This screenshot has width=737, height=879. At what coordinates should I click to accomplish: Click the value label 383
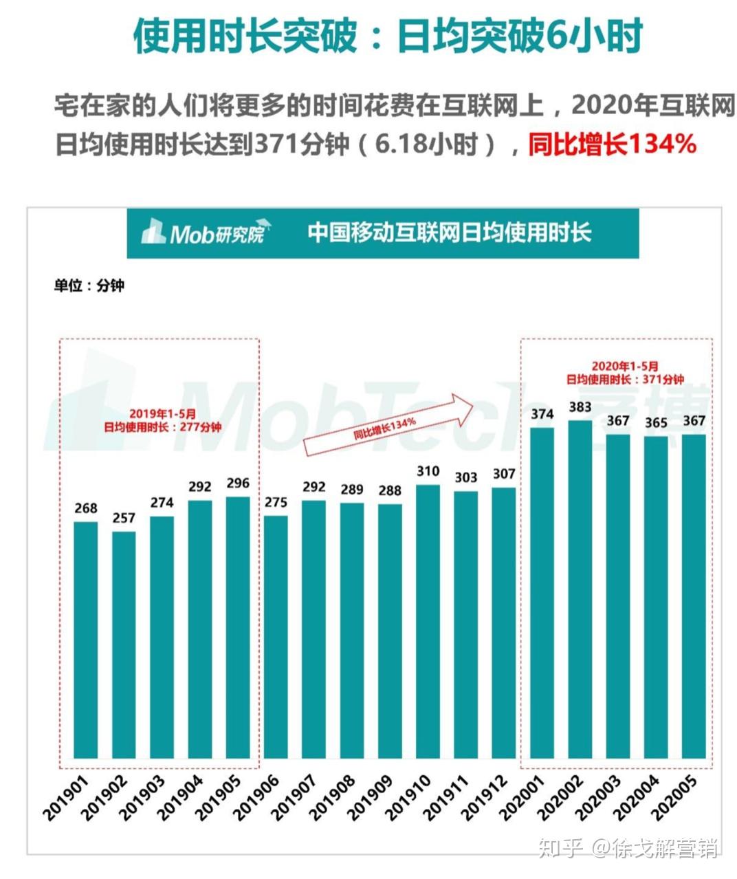click(580, 407)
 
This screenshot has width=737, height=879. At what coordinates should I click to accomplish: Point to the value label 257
click(124, 518)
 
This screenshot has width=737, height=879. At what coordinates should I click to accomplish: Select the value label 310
click(428, 471)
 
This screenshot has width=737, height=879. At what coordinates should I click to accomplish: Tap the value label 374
click(542, 414)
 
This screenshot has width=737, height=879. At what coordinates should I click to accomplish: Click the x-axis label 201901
click(67, 799)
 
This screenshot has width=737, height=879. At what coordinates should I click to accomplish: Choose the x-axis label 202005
click(674, 799)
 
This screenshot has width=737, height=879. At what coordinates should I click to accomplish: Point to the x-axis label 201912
click(485, 799)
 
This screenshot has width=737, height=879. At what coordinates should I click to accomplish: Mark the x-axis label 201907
click(295, 799)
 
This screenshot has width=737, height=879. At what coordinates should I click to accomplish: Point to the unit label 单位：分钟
click(89, 285)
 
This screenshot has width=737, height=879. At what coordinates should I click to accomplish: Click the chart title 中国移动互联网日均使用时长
click(449, 232)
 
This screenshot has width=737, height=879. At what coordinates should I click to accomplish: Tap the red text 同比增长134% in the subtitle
click(613, 144)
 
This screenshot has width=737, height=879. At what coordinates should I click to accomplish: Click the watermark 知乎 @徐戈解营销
click(628, 847)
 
